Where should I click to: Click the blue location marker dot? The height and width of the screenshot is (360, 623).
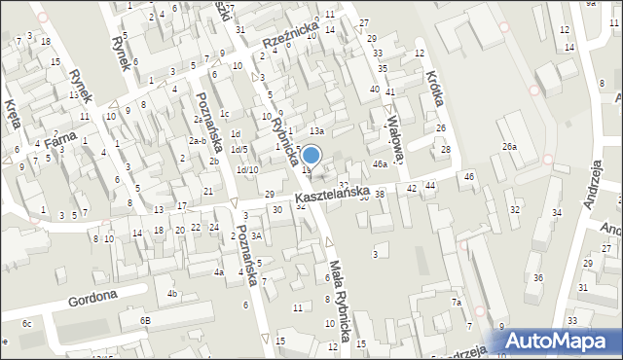(311, 155)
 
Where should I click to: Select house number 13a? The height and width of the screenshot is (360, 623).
(315, 130)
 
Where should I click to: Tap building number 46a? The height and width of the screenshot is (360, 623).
(379, 165)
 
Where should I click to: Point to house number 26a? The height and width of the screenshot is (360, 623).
(508, 146)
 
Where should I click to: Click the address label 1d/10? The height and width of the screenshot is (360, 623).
(248, 169)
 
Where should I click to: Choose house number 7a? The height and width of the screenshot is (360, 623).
(456, 303)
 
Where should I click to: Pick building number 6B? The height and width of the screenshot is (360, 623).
(145, 320)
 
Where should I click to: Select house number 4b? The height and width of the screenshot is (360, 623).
(172, 293)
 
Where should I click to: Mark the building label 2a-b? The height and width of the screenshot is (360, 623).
(198, 141)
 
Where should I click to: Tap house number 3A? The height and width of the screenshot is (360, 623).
(256, 235)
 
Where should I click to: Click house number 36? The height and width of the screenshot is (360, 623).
(537, 278)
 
